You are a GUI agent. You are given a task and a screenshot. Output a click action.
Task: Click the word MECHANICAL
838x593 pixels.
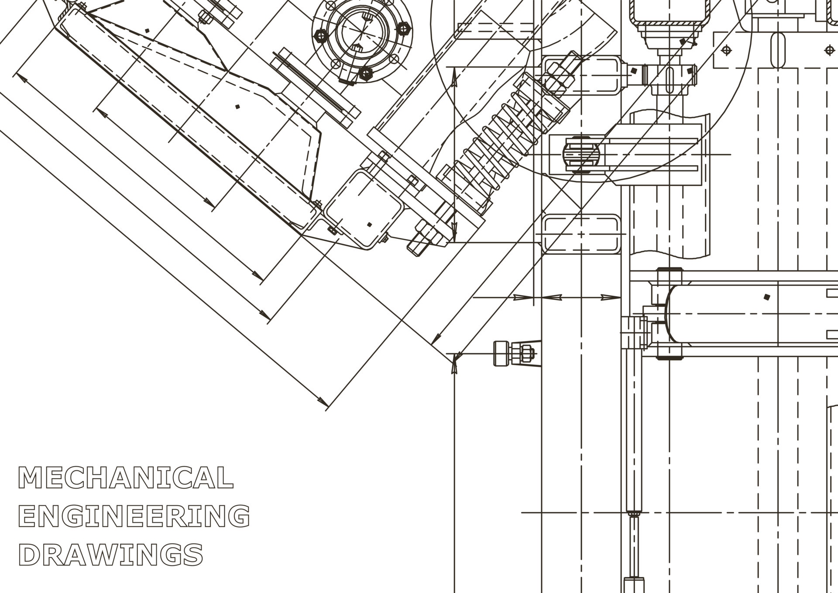[x=126, y=478]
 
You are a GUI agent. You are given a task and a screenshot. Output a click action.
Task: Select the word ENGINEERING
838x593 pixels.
[x=134, y=516]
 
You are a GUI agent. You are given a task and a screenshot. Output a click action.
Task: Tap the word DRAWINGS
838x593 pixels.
[x=111, y=555]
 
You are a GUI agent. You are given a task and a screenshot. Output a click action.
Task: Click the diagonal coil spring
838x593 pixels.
[x=502, y=140]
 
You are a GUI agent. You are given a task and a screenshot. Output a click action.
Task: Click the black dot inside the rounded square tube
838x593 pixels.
[x=369, y=225]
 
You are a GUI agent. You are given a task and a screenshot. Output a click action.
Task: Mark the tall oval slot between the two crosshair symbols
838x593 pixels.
[x=778, y=50]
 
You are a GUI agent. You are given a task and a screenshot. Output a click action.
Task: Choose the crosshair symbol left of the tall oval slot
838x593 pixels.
[x=726, y=50]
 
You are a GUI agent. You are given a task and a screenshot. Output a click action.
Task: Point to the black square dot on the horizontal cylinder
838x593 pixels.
[x=767, y=297]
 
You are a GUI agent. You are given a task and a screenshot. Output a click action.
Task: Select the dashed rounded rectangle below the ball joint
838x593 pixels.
[x=581, y=234]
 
